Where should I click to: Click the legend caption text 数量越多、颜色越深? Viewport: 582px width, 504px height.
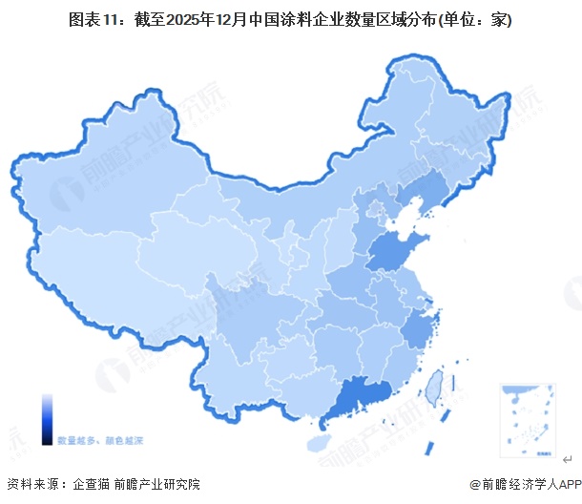coord(100,440)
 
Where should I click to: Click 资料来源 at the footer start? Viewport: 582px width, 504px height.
coord(31,484)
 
